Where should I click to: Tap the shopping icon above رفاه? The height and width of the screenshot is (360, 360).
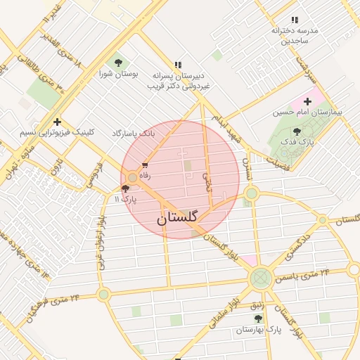coord(145,166)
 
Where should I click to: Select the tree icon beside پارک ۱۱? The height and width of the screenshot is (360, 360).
coord(126,188)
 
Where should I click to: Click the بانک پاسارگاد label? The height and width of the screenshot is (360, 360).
coord(132,133)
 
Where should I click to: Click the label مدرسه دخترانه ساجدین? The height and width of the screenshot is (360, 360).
coord(295,36)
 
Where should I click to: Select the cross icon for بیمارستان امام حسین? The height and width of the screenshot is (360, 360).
coord(307,101)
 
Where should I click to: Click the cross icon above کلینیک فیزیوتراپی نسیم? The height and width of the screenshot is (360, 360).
coord(57,122)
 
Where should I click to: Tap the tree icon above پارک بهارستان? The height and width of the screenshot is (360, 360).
coord(258,319)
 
